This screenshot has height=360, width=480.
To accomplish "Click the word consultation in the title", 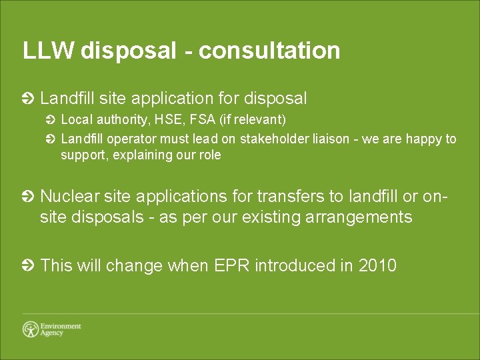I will pyautogui.click(x=269, y=51).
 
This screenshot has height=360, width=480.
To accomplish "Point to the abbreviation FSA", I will pyautogui.click(x=212, y=120).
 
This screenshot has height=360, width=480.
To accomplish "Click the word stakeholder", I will pyautogui.click(x=287, y=139).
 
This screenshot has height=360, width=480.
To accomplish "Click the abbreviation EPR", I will pyautogui.click(x=231, y=266).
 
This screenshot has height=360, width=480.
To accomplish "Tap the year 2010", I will pyautogui.click(x=377, y=266).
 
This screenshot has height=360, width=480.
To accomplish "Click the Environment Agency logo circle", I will pyautogui.click(x=31, y=329).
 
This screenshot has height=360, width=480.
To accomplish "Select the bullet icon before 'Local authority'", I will pyautogui.click(x=52, y=120).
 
